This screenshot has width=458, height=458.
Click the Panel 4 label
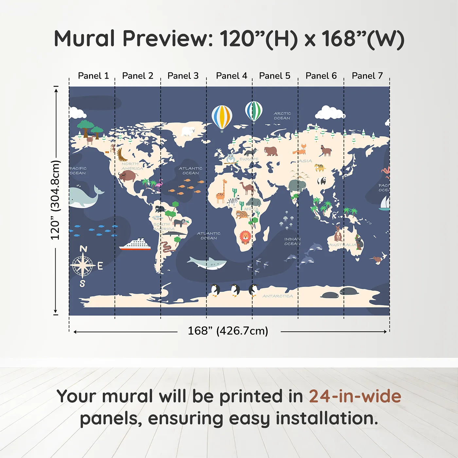point(231,76)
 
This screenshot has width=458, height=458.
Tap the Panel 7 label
point(367,76)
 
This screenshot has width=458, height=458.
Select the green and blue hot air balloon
point(254,111)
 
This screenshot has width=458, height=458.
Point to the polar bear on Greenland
point(188,131)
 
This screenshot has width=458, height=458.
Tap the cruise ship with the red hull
point(135,245)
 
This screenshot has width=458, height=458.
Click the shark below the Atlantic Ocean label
point(207,263)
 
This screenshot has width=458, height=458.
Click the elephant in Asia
point(297,186)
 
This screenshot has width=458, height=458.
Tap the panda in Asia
point(322,181)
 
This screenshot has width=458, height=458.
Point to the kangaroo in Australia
point(338,234)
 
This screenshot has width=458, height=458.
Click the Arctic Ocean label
point(282,116)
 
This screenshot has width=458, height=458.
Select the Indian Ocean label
point(292,241)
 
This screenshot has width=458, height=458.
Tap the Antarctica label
point(277,296)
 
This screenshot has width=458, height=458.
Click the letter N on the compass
point(83,249)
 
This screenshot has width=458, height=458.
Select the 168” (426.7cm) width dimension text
point(228,331)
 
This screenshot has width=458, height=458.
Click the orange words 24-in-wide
point(355,396)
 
